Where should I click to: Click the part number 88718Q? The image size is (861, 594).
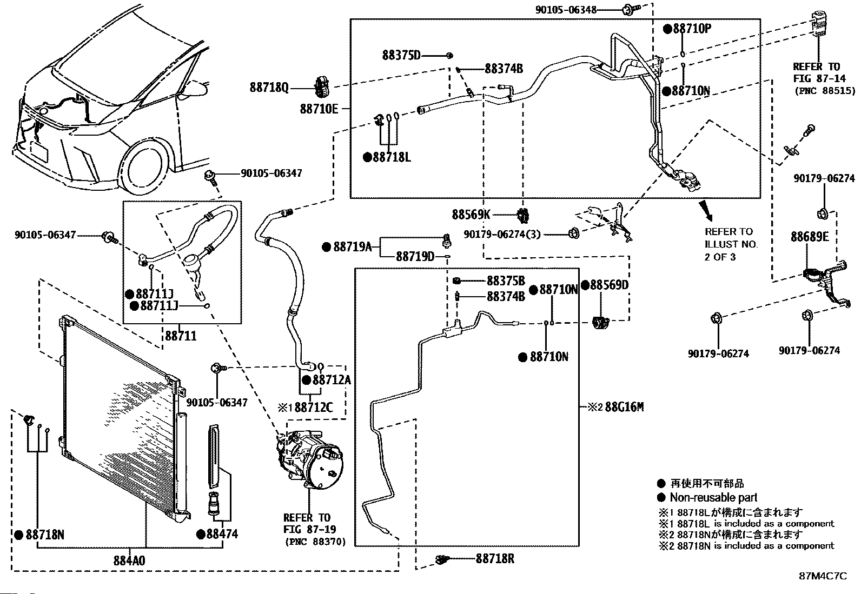point(269,87)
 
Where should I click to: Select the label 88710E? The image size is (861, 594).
point(319,109)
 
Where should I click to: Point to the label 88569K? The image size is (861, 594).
point(471,215)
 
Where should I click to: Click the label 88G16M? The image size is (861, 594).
point(624,406)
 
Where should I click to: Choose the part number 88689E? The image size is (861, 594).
point(809,237)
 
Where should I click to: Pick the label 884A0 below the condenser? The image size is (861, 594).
point(129,560)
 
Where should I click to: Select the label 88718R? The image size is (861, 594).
point(495,559)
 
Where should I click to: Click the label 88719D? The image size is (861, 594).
point(415,256)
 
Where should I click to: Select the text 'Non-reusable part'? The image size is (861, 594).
point(713,497)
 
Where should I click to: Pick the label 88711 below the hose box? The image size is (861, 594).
point(181,336)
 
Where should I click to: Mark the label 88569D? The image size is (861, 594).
point(609,285)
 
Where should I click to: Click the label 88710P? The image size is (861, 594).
point(692,29)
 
